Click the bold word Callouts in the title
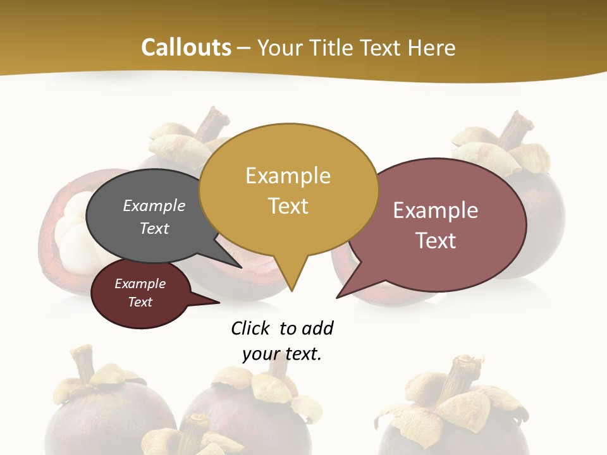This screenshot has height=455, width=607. [x=186, y=47]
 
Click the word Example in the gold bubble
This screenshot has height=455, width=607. [x=288, y=176]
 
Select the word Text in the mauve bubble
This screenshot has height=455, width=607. [x=436, y=241]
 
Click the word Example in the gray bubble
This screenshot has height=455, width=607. [x=154, y=206]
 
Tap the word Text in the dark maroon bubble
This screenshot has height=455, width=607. [x=140, y=302]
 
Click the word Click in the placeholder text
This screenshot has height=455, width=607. [x=251, y=328]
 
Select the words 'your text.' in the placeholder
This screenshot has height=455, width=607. [x=282, y=354]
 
